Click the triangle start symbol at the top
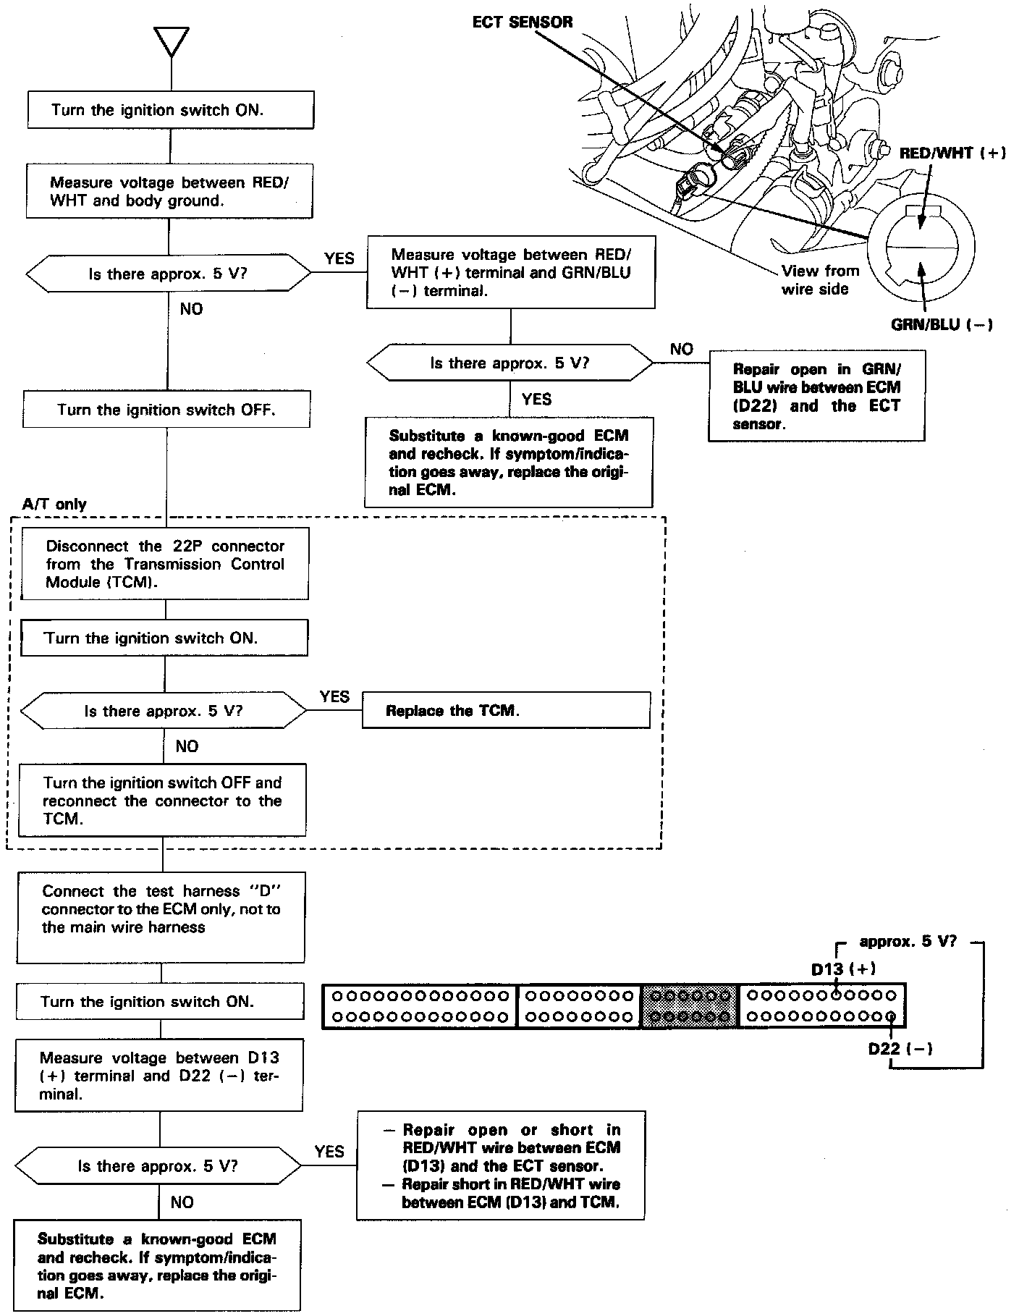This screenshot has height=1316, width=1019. pos(172,42)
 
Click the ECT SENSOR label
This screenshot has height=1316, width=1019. pos(522,22)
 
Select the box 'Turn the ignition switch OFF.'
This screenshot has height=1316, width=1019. pos(166,410)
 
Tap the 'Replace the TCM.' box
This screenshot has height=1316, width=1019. pos(505,710)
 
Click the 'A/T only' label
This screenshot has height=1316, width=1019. pos(54,505)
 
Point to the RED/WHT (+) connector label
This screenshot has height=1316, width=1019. pos(952,153)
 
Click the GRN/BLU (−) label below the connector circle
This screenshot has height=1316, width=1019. pos(941,325)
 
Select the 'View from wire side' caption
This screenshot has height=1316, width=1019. pos(820,280)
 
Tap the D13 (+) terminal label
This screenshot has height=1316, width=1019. pos(843,969)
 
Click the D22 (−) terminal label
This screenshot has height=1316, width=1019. pos(900,1049)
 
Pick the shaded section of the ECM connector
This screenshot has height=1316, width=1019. pos(690,1006)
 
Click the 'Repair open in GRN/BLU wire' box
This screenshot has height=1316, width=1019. pos(816,396)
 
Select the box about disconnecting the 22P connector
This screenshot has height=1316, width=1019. pos(165,564)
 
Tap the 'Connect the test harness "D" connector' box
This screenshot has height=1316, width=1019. pos(161,917)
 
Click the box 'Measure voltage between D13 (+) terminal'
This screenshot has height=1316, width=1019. pos(159,1076)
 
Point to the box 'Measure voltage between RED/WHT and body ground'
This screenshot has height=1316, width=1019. pos(169,191)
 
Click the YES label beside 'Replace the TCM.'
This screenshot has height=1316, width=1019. pos(334,696)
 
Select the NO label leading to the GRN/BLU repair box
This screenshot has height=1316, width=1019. pos(681,350)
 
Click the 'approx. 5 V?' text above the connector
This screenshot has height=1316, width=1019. pos(908,942)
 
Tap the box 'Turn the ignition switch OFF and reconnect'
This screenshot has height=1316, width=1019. pos(162,801)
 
